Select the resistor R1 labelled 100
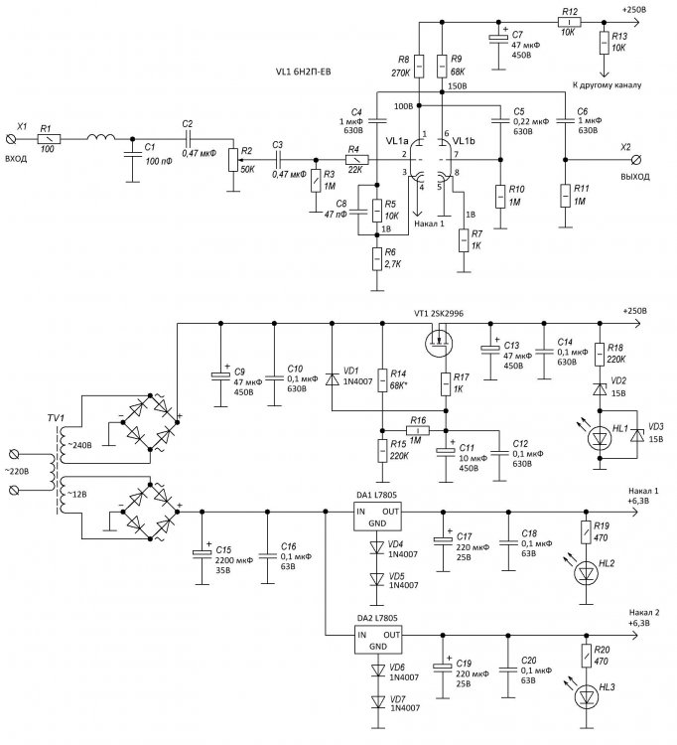[x=46, y=143]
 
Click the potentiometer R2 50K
[x=233, y=159]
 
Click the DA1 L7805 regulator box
[x=378, y=518]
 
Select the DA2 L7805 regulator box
[x=378, y=640]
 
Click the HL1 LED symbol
[x=601, y=434]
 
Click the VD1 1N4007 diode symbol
[x=330, y=380]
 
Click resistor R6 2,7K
[x=377, y=260]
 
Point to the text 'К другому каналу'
[x=607, y=85]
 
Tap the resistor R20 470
[x=588, y=656]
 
